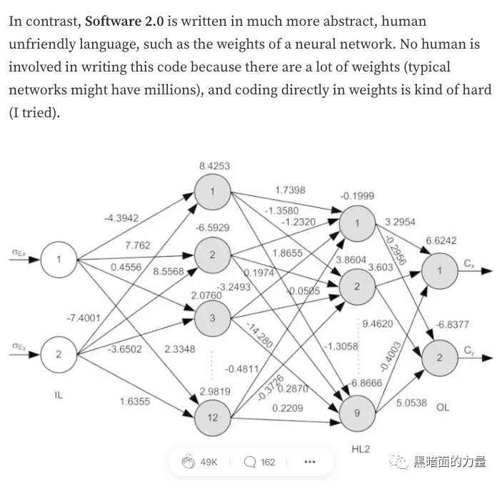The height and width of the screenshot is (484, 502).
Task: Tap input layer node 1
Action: click(59, 260)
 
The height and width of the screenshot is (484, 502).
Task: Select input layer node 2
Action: click(59, 353)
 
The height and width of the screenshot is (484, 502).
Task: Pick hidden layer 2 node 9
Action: click(356, 412)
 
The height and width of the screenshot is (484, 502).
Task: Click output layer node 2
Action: click(439, 357)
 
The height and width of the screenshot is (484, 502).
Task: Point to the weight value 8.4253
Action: click(214, 166)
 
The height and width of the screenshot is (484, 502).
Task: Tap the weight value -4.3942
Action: click(121, 218)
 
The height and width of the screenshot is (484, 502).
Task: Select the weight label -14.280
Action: click(259, 335)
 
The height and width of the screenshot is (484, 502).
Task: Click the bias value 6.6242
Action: click(441, 241)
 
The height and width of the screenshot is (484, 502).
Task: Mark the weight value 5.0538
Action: click(411, 402)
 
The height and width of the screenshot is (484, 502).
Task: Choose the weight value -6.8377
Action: click(453, 325)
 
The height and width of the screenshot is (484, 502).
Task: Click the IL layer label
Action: click(59, 394)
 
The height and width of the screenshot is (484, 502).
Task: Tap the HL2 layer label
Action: click(361, 449)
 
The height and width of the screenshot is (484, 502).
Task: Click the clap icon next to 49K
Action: click(189, 462)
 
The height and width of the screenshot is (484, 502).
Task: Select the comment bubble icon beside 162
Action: click(250, 462)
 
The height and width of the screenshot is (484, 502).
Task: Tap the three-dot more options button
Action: click(309, 462)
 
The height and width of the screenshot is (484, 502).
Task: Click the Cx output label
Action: click(468, 265)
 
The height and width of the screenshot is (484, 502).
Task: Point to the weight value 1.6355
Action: click(135, 401)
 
